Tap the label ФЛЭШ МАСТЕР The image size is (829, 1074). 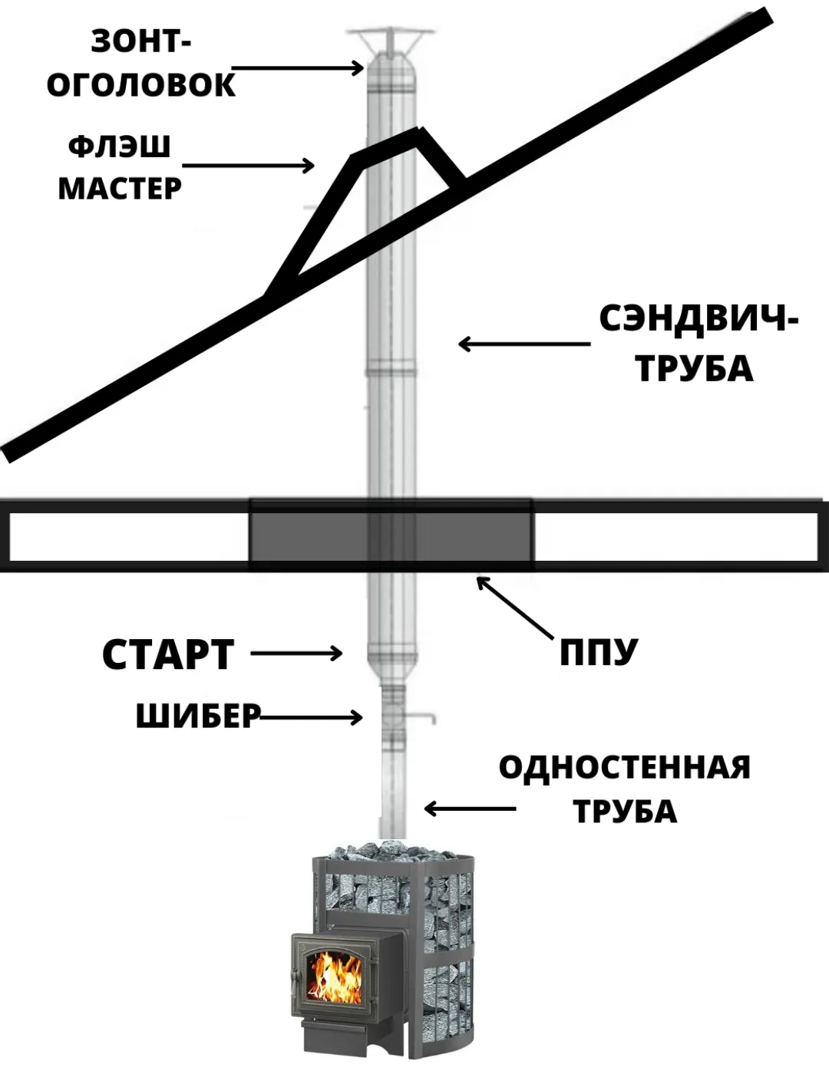[120, 167]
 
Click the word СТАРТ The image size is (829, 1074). [168, 654]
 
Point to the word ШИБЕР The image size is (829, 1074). [198, 717]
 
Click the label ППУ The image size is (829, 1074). [599, 653]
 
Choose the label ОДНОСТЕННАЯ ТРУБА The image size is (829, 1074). [625, 789]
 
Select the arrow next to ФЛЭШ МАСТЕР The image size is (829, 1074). [249, 165]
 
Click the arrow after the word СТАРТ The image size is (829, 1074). [296, 654]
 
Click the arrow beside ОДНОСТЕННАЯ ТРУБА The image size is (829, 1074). [470, 809]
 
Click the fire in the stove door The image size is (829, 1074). [334, 976]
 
